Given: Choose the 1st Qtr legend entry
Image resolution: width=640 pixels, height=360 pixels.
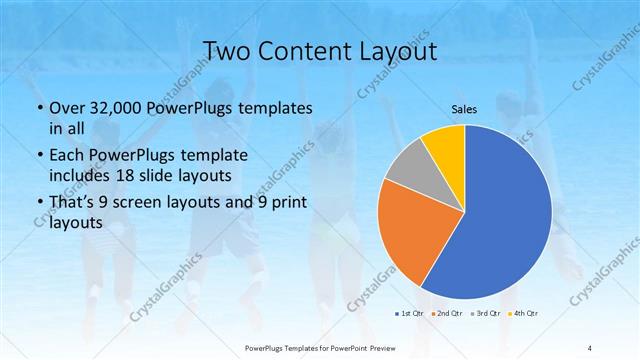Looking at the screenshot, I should click(410, 314).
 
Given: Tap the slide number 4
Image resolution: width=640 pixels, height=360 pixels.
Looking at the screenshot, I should click(590, 346).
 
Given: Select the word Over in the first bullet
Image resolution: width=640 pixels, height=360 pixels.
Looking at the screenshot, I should click(67, 108).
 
